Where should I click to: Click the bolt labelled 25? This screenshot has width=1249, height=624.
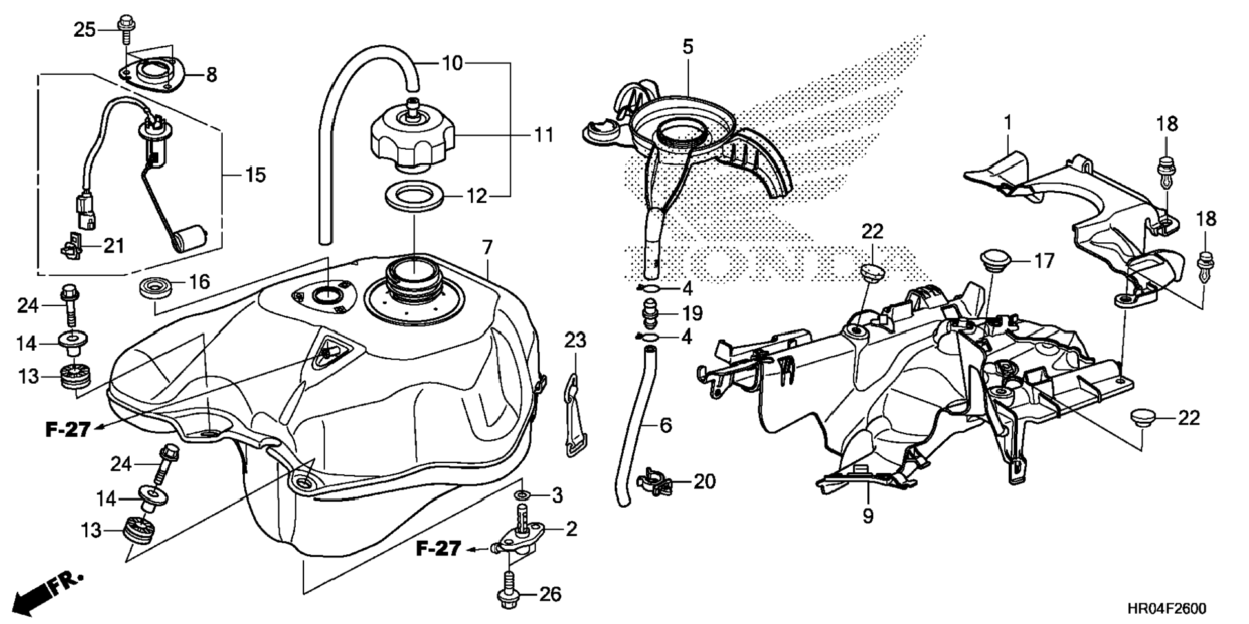pos(125,30)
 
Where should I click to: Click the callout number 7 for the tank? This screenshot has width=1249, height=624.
pos(487,247)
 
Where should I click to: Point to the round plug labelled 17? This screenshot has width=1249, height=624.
pos(994,262)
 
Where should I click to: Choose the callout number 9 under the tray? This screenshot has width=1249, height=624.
pos(867,516)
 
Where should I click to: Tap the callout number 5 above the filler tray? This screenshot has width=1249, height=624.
pos(688,47)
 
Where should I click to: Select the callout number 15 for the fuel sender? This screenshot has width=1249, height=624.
pos(256,175)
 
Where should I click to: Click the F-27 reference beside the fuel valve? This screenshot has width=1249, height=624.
pos(438,549)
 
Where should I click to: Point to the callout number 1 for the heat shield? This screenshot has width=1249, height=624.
pos(1008,122)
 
